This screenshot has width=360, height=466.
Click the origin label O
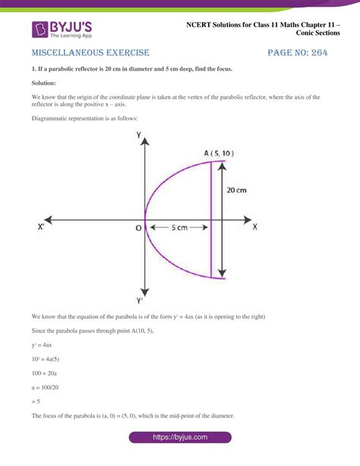click(138, 227)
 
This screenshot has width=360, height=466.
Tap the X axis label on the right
click(254, 227)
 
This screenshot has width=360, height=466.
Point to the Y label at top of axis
click(139, 134)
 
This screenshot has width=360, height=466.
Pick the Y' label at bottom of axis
click(141, 299)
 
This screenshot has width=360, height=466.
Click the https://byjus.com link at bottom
click(179, 439)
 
